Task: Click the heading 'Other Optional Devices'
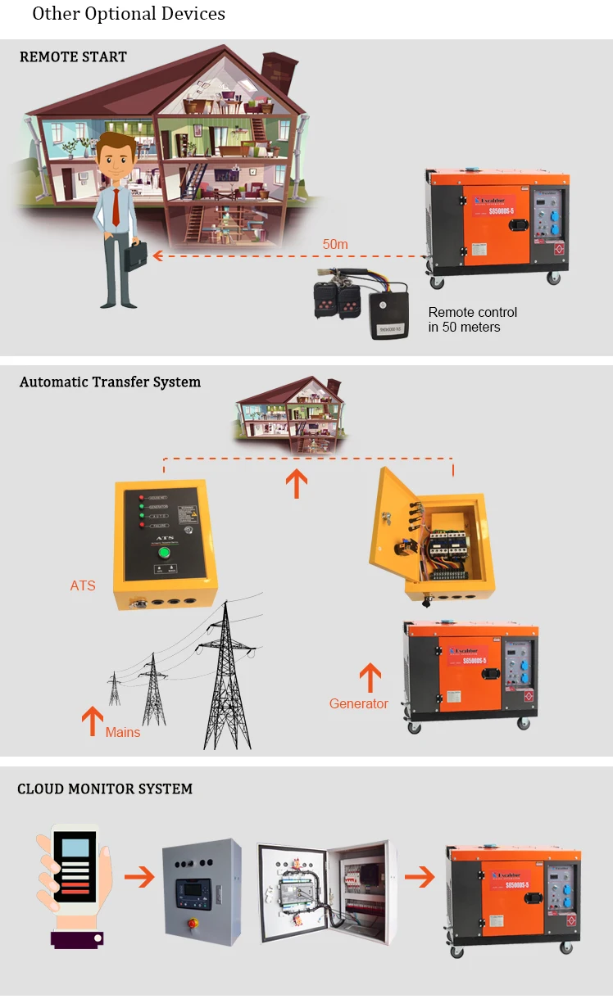coord(129,14)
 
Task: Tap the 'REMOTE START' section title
coord(73,57)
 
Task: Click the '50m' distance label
coord(335,243)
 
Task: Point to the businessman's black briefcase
coord(136,256)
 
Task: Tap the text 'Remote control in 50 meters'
coord(473,319)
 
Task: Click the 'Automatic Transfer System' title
coord(110,382)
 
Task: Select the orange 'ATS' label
coord(83,585)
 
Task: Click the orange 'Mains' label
coord(123,732)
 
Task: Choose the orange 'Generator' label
coord(359,703)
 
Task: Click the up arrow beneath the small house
coord(297,482)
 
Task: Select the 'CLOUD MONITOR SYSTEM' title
coord(105,789)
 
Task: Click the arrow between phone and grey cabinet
coord(139,877)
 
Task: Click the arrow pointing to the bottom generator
coord(420,877)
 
